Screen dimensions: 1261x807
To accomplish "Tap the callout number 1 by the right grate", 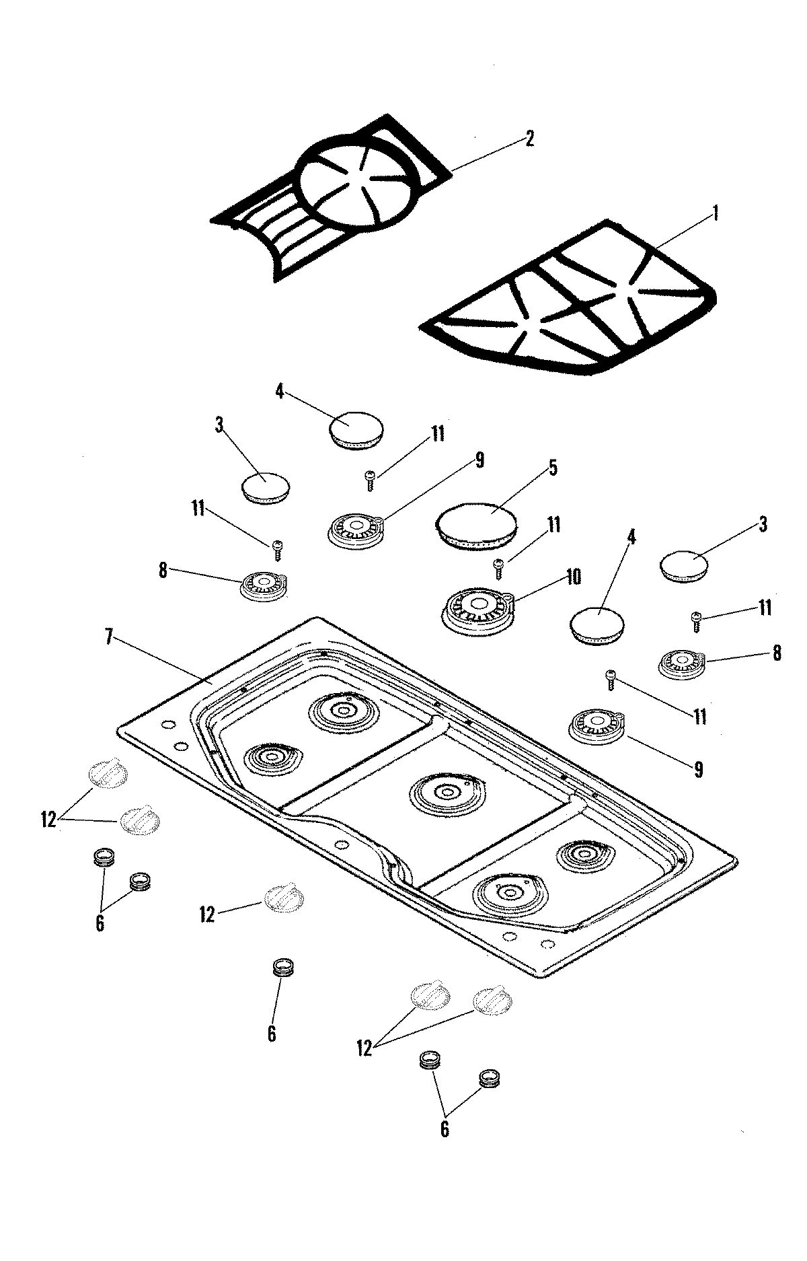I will coord(716,213).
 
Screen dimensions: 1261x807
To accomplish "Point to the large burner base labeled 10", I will coord(477,606).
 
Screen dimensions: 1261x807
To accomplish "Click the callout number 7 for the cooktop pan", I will coord(108,638).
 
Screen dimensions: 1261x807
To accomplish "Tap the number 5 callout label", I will coord(553,468).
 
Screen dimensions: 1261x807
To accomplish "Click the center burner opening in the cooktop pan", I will coord(445,793).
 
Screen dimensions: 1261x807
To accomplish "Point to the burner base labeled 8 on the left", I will coord(264,585).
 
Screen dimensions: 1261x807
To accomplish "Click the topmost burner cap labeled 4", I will coord(356,429).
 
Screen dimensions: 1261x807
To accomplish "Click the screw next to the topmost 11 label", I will coord(371,478).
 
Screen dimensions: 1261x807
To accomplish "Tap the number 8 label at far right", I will coord(777,653).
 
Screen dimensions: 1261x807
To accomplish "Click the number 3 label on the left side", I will coord(219,425).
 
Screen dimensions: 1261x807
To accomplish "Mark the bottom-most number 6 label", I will coord(445,1128).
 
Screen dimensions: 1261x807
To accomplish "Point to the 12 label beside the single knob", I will coord(207,914).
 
